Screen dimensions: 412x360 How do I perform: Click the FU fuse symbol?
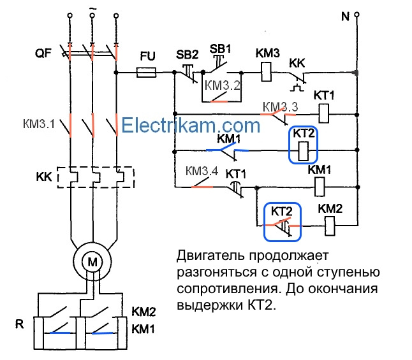(146, 72)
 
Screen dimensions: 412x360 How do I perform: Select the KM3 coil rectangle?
(266, 72)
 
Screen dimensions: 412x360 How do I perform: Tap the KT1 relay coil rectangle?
(324, 113)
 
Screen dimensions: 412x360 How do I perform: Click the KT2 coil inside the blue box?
(304, 151)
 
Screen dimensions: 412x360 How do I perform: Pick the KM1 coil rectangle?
(320, 187)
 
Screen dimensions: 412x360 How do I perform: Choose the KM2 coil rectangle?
(330, 226)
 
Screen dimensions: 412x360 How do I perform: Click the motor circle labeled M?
(92, 261)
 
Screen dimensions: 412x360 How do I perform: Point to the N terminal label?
(345, 17)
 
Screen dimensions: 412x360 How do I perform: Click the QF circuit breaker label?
(43, 54)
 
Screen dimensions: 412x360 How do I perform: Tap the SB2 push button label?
(187, 55)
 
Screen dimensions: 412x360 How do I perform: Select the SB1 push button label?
(220, 49)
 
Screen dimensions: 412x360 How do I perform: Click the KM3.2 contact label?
(223, 85)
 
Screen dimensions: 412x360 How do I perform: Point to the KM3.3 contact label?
(281, 107)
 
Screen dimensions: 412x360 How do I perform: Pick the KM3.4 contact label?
(202, 171)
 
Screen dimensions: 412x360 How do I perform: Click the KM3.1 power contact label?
(39, 124)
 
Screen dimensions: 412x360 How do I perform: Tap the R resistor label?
(19, 324)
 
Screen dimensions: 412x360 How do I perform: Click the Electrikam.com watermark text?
(191, 126)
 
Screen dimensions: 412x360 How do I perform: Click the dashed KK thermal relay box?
(96, 177)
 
